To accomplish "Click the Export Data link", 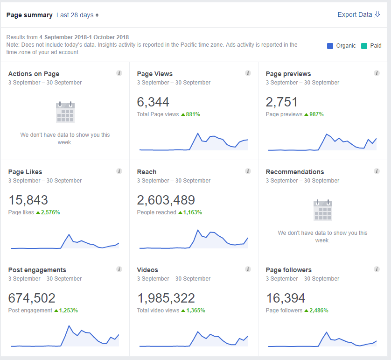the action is [359, 15].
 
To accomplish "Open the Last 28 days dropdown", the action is [77, 15].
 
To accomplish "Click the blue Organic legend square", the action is [330, 46].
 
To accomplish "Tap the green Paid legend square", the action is [364, 46].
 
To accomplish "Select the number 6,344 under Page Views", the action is [153, 102].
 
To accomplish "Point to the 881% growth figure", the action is [193, 114].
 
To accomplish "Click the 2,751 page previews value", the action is [281, 102].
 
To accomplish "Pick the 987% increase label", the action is [316, 114].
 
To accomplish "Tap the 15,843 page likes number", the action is [28, 200].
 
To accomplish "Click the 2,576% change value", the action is [50, 212].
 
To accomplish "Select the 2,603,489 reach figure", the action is [166, 200].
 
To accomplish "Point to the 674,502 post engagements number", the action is [32, 298].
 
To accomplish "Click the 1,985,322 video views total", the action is [166, 298].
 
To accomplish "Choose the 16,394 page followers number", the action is [286, 298].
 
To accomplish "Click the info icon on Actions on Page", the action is [119, 73].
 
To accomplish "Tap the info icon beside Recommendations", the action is [377, 171].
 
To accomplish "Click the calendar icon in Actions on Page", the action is [65, 112].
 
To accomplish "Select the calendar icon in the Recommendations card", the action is [323, 210].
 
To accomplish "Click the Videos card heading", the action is [147, 270].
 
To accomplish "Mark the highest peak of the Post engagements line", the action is [69, 326].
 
